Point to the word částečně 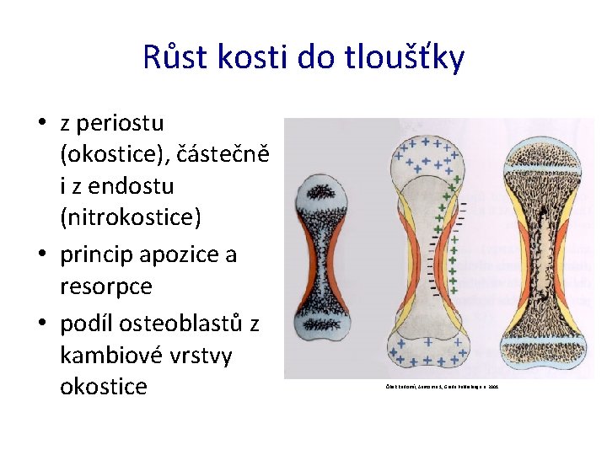216,154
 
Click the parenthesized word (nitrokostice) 131,217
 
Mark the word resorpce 106,286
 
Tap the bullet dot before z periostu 41,124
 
